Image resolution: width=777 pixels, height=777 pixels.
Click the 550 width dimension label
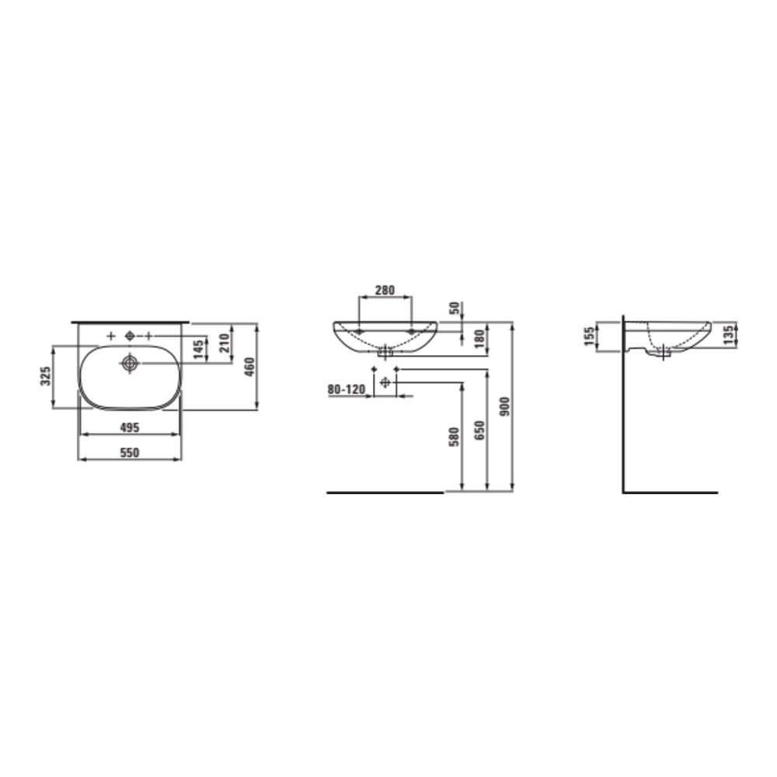130,452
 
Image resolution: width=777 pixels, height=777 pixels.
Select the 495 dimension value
130,427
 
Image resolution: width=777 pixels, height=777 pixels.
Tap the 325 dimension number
46,377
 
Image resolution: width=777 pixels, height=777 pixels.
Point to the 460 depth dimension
250,367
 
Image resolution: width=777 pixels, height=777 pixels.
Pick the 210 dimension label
224,343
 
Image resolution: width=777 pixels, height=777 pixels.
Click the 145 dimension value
198,350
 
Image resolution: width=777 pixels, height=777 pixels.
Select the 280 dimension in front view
385,290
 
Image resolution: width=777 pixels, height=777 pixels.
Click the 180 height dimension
479,339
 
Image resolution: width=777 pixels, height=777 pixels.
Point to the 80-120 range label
347,389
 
